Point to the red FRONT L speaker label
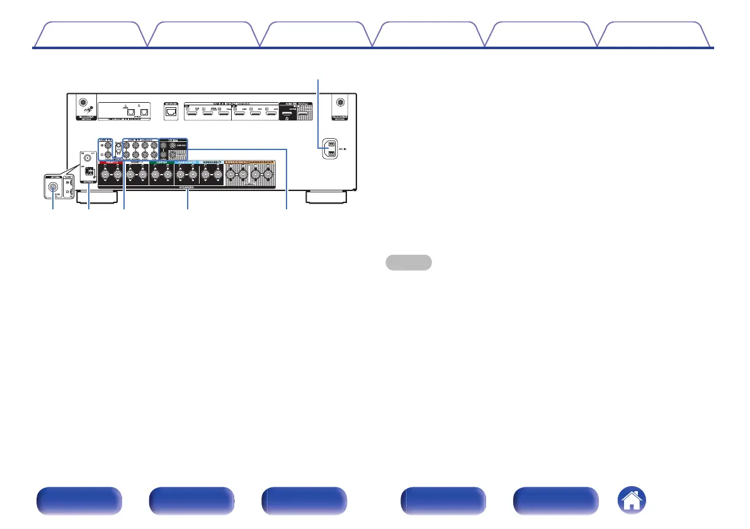coord(111,162)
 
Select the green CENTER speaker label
coord(161,162)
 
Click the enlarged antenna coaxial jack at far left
coord(53,187)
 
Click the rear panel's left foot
coord(95,197)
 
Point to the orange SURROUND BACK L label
coord(237,162)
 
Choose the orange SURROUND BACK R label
coord(262,162)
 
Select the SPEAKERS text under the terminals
coord(187,188)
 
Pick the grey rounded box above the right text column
coord(408,262)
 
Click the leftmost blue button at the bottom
coord(79,501)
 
